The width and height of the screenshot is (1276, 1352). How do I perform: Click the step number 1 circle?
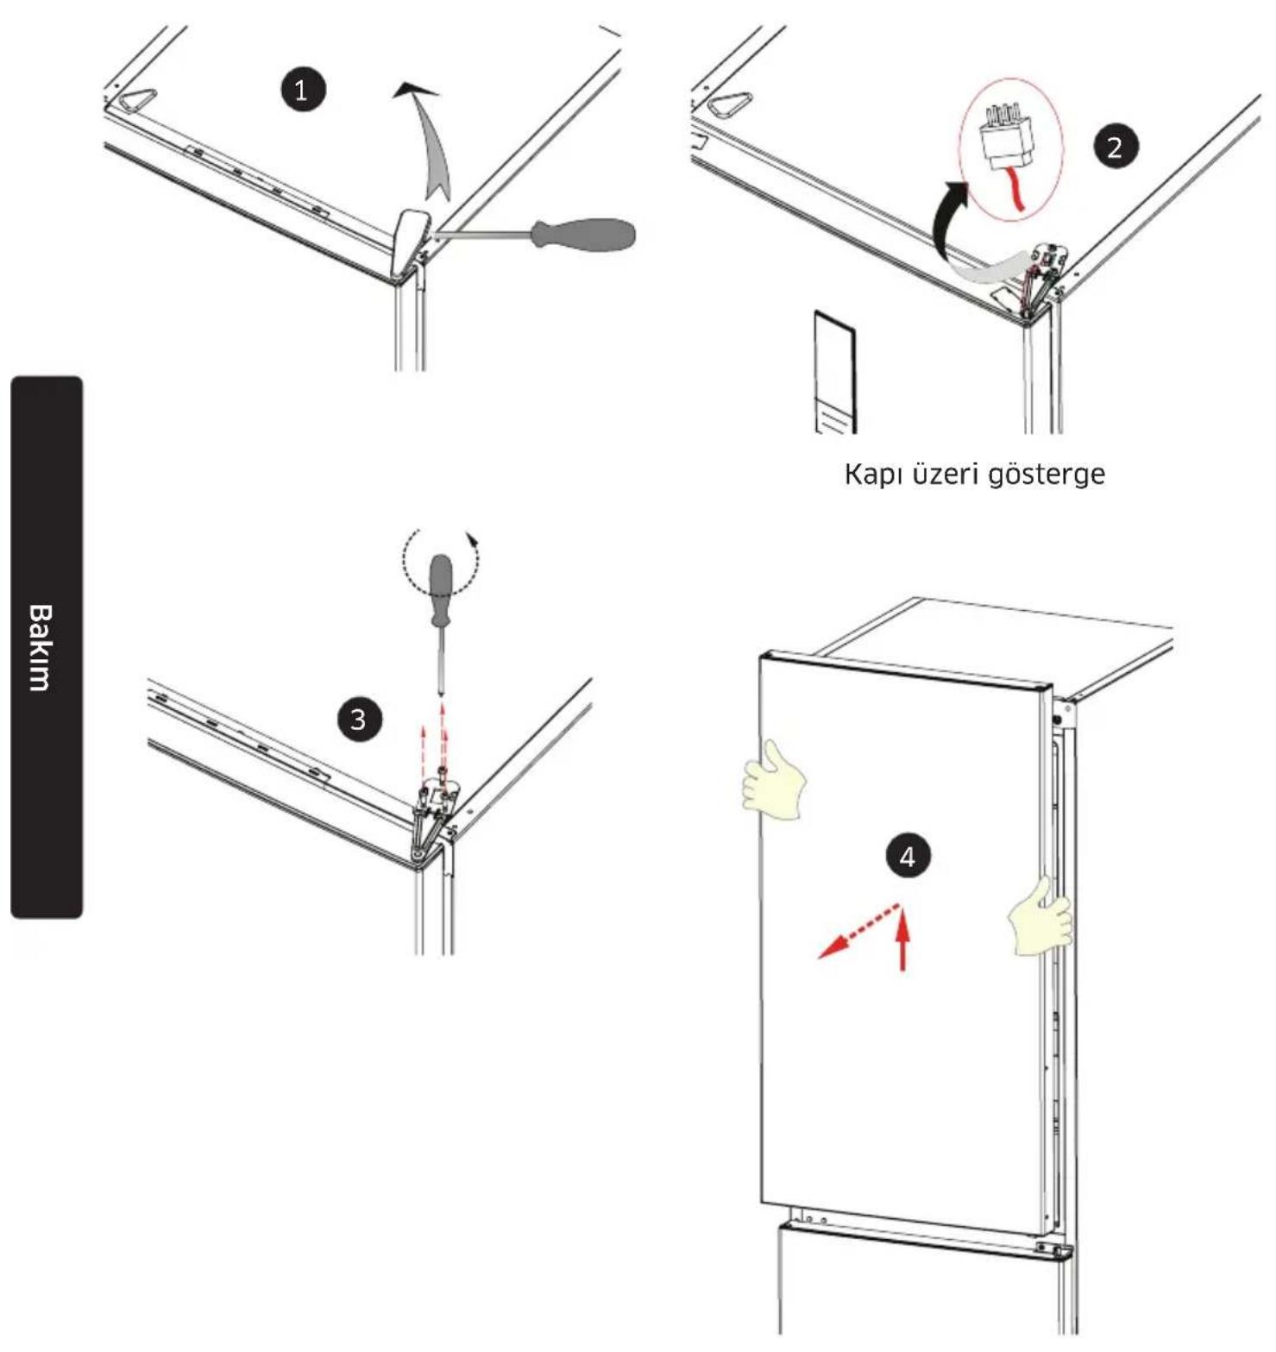tap(301, 90)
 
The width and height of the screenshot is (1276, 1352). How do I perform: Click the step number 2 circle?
tap(1115, 147)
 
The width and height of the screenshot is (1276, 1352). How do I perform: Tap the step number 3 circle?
tap(358, 720)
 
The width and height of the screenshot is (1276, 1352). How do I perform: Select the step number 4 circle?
tap(907, 857)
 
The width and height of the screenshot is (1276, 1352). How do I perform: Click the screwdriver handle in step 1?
tap(584, 233)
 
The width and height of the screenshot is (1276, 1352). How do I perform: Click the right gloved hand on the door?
tap(1041, 917)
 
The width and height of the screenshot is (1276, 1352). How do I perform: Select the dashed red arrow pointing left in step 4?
tap(859, 932)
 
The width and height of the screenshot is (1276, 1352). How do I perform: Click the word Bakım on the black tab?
tap(40, 647)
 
